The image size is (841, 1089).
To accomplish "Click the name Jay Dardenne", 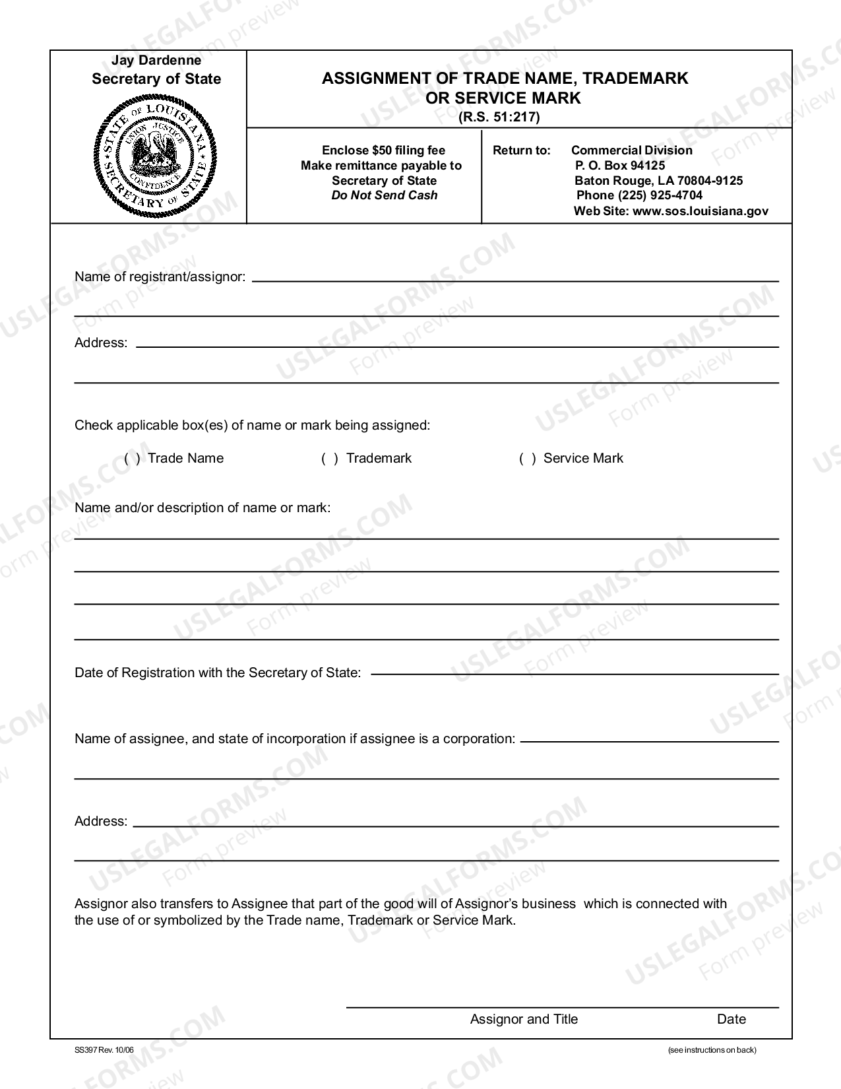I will coord(156,61).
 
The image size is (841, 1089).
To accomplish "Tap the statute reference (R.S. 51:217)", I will coord(499,117).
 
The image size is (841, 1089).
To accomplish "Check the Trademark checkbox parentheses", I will coord(330,459).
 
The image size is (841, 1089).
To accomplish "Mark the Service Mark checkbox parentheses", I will coord(528,459).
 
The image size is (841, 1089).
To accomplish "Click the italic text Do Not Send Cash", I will coord(385,195).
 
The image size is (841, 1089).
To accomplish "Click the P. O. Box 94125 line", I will coord(619,166).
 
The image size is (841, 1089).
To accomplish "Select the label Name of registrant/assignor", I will coord(160,277).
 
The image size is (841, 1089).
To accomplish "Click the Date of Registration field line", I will coord(574,673).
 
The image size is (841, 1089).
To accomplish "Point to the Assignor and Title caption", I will coord(524,1019).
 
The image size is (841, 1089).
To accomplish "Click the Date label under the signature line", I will coord(731,1019).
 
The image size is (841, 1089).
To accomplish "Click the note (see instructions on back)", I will coord(712,1050).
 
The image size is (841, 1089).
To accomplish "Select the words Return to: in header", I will coord(521,150).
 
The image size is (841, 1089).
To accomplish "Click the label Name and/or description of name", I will coord(202,508).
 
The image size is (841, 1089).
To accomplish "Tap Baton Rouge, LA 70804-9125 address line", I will coord(658,181).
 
